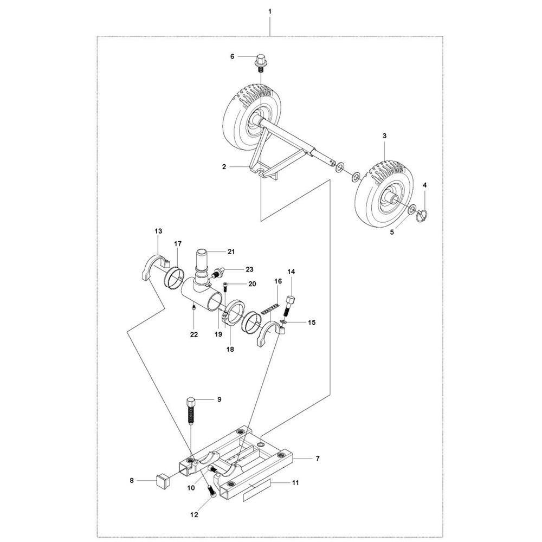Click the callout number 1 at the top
tap(270, 11)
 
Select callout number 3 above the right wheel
tap(384, 135)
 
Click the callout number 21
tap(231, 251)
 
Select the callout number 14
tap(291, 271)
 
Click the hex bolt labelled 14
tap(291, 302)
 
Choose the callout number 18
tap(230, 350)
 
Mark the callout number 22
tap(194, 335)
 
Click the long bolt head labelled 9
tap(191, 403)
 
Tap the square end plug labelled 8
tap(160, 479)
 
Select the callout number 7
tap(318, 459)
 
